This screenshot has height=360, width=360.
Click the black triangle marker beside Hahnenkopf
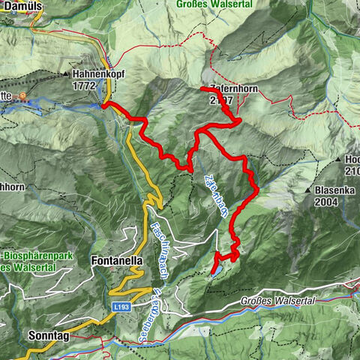(67, 75)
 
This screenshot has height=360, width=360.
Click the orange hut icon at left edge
(22, 96)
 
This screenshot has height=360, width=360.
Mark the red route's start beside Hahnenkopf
(104, 106)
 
